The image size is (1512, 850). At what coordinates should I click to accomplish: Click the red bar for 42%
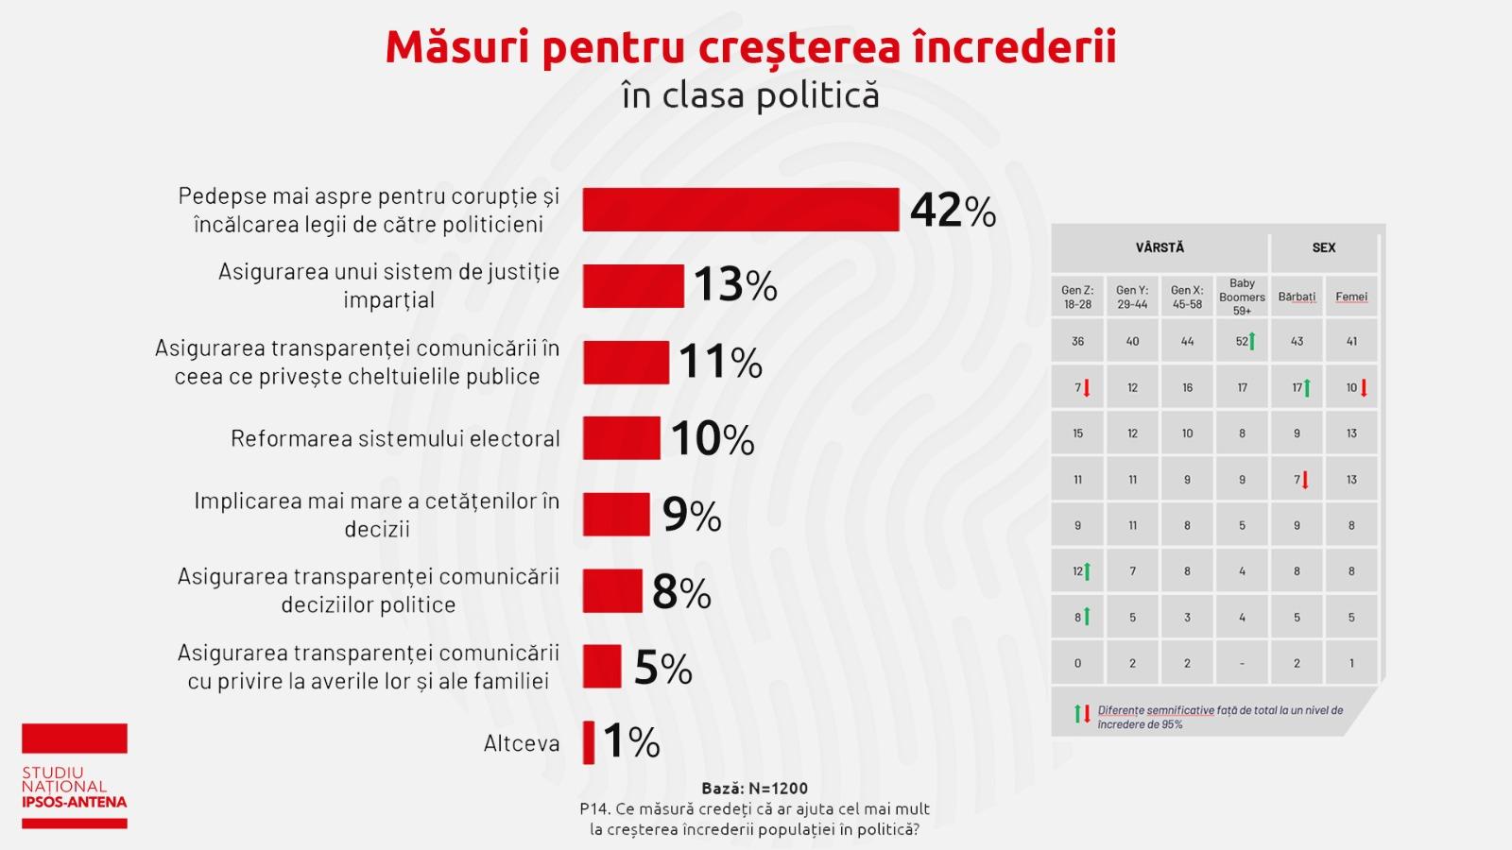740,210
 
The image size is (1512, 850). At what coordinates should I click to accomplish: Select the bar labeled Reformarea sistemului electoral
621,438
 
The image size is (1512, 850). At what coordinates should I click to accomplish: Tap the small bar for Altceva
589,742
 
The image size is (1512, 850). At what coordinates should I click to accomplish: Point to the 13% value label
735,285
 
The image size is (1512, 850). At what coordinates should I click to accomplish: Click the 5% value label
662,668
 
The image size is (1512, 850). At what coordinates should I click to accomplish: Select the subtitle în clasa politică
750,95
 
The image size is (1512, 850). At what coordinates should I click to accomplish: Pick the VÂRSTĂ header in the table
1160,247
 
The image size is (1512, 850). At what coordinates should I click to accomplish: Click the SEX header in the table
1323,247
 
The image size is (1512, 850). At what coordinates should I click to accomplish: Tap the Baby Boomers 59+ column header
1242,297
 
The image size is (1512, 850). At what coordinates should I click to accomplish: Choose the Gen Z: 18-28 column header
1077,297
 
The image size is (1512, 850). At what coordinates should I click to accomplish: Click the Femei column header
1350,297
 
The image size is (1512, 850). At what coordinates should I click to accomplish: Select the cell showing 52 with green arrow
1244,341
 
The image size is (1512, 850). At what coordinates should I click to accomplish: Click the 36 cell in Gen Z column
1077,341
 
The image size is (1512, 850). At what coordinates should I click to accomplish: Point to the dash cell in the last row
1242,663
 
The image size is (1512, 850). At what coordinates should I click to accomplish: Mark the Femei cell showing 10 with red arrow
1354,387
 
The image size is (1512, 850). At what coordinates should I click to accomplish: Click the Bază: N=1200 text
754,788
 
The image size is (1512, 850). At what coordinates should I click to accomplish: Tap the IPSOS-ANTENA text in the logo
74,802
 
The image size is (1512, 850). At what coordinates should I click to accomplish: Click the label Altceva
522,743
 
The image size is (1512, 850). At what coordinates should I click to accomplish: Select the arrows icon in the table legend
1082,714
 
